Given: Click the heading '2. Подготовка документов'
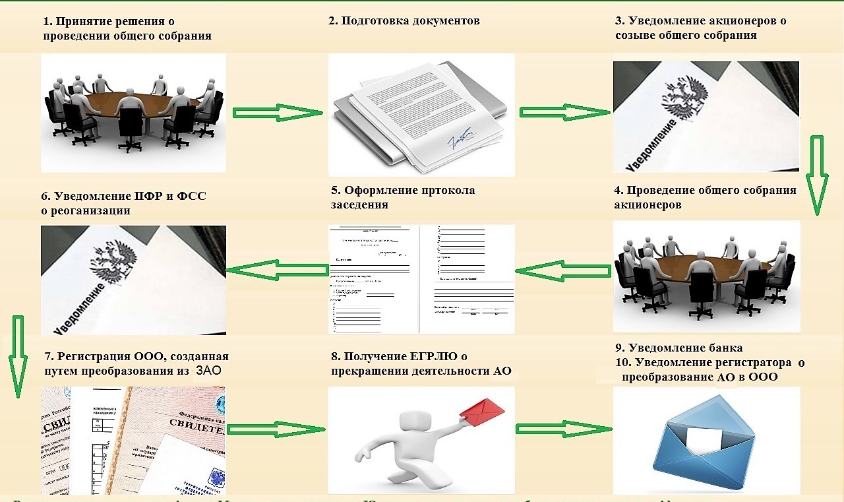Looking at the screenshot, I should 404,20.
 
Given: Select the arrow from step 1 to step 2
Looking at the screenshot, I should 276,113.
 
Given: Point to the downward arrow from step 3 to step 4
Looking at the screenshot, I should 816,175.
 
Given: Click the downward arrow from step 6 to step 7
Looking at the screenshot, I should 18,356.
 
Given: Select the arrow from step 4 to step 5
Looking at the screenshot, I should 562,270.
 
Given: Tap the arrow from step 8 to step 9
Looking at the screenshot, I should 564,429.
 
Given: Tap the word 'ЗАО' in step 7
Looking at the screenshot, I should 208,371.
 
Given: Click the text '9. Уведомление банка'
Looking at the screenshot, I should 678,348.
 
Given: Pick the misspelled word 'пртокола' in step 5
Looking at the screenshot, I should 446,191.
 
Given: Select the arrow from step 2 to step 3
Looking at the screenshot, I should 564,111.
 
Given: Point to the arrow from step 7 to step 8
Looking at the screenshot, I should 276,429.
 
